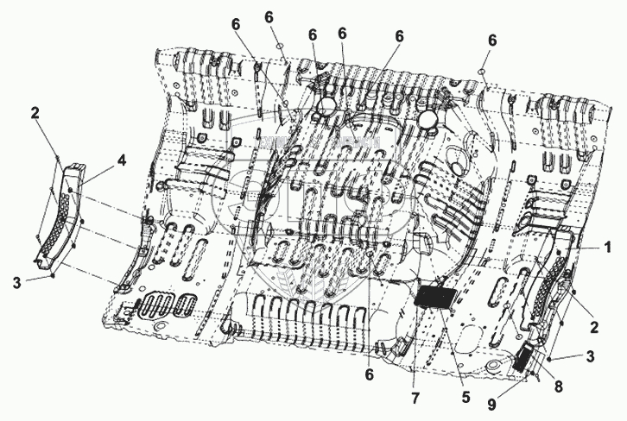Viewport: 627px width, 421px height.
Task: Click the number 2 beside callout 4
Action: tap(36, 113)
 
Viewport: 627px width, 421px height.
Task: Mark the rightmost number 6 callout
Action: tap(492, 40)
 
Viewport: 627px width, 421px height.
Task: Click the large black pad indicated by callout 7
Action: tap(435, 296)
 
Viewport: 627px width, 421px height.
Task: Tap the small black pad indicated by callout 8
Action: tap(523, 356)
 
